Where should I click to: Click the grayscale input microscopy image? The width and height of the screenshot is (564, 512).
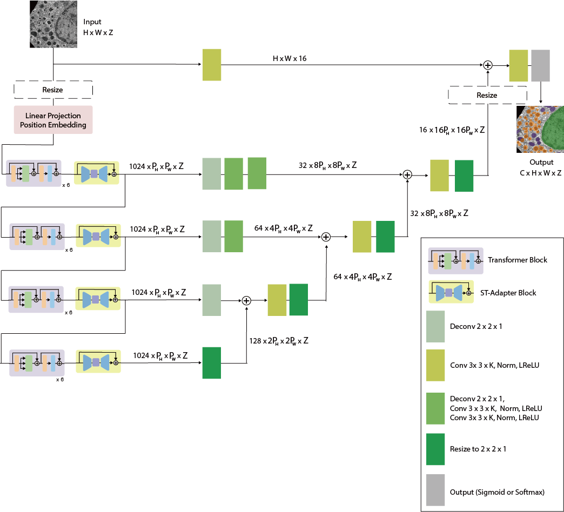point(53,24)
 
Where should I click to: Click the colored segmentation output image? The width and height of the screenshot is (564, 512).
point(540,129)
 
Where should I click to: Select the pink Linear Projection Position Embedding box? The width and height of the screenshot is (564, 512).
point(53,120)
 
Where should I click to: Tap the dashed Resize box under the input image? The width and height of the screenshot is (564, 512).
point(53,90)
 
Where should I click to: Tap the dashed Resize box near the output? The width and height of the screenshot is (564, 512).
point(487,95)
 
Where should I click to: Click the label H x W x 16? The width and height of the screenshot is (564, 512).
point(290,58)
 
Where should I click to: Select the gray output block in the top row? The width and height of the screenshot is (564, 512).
point(540,65)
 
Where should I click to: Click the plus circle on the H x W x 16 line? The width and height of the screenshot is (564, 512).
point(487,65)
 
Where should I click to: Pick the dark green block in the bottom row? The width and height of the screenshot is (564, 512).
point(212,363)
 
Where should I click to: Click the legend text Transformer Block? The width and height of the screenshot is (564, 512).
point(517,260)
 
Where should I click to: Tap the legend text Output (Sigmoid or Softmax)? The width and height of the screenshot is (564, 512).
point(496,492)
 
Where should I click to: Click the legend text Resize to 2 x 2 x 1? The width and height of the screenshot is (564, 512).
point(478,449)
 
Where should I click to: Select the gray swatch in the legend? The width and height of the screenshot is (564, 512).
point(435,491)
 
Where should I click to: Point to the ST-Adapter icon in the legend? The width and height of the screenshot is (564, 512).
point(451,293)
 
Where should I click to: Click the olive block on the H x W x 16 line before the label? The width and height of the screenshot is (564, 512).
point(212,65)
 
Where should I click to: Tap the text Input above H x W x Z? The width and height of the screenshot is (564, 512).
point(92,22)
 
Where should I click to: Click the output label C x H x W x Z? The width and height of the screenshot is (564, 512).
point(541,173)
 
